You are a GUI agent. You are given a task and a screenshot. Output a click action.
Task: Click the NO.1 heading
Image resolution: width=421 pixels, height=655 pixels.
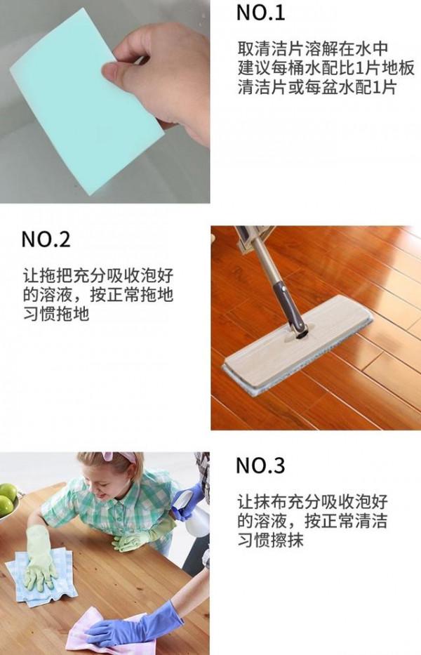point(260,12)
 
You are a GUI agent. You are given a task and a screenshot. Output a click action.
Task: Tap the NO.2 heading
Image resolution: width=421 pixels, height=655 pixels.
point(46,239)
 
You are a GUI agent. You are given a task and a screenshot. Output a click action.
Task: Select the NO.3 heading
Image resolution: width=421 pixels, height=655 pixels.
point(260,465)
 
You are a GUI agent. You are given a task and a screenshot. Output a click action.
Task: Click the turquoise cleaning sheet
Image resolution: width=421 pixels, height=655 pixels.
point(77,105)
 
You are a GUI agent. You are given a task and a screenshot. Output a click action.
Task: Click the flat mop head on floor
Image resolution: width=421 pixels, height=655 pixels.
point(298,344)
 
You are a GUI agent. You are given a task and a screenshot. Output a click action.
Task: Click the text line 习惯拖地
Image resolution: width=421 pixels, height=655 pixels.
point(55,315)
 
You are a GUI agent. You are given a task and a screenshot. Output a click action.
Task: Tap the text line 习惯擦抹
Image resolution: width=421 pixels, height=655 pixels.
point(270,541)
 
